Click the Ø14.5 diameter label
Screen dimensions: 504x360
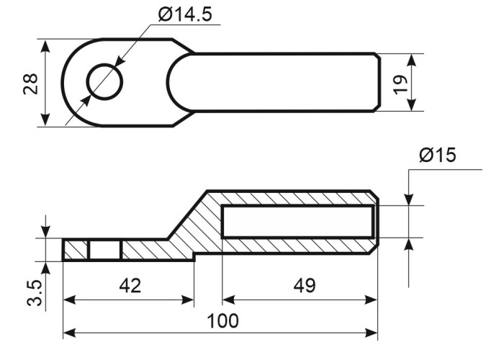pos(185,15)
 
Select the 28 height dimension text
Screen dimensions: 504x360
pos(30,84)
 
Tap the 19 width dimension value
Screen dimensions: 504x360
pos(400,85)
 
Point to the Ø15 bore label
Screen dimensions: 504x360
pos(438,156)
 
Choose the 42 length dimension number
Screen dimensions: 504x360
pos(130,285)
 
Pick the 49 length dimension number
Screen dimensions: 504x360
pos(305,285)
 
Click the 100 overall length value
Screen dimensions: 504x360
pos(222,320)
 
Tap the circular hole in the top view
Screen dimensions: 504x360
pos(105,81)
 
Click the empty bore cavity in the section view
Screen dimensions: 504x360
pos(298,222)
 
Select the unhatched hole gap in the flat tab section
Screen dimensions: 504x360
pos(105,250)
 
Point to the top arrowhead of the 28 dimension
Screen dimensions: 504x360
pos(46,46)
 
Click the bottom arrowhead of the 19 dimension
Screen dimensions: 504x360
pos(411,105)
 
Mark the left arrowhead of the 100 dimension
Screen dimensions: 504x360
pos(69,333)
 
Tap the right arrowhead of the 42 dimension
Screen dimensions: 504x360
pos(188,300)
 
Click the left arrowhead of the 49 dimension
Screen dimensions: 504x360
pos(228,300)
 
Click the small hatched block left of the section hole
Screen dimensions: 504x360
pos(76,250)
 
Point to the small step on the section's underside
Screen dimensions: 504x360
pos(194,257)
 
